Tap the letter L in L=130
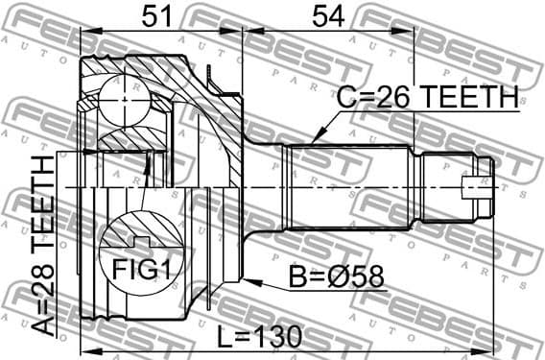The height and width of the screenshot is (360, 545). click(224, 337)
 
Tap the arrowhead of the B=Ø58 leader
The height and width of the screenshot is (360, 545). click(247, 281)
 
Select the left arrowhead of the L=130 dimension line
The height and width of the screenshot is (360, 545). click(84, 348)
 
